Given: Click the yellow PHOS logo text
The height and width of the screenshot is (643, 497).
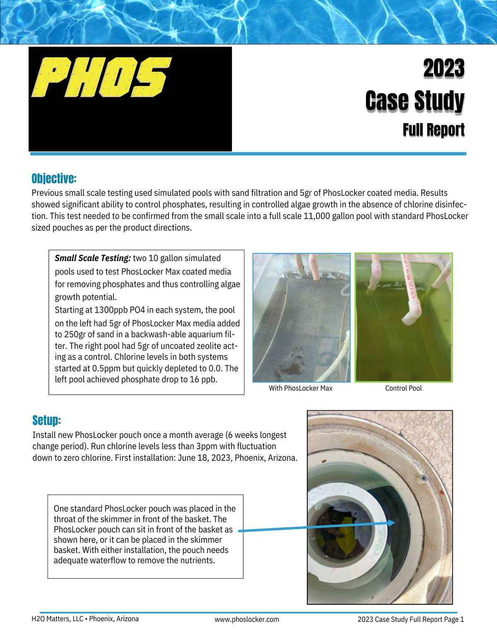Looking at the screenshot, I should click(101, 77).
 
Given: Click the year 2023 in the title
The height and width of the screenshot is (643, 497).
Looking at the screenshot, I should click(444, 68).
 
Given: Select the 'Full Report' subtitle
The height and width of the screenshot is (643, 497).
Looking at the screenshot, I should click(434, 130).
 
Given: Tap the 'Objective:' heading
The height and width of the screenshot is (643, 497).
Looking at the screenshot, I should click(54, 178).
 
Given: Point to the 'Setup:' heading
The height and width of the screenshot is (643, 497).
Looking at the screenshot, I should click(46, 420).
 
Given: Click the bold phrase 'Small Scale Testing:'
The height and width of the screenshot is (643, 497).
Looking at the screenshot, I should click(93, 258).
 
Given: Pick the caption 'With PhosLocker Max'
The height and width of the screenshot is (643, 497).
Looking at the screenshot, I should click(300, 388).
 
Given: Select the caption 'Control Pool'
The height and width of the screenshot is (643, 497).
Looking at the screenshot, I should click(403, 388).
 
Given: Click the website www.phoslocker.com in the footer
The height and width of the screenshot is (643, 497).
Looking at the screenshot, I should click(246, 619).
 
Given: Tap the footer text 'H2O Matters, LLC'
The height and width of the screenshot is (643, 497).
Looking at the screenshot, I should click(57, 619).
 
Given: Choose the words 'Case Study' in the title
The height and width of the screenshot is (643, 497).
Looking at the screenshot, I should click(415, 101).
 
